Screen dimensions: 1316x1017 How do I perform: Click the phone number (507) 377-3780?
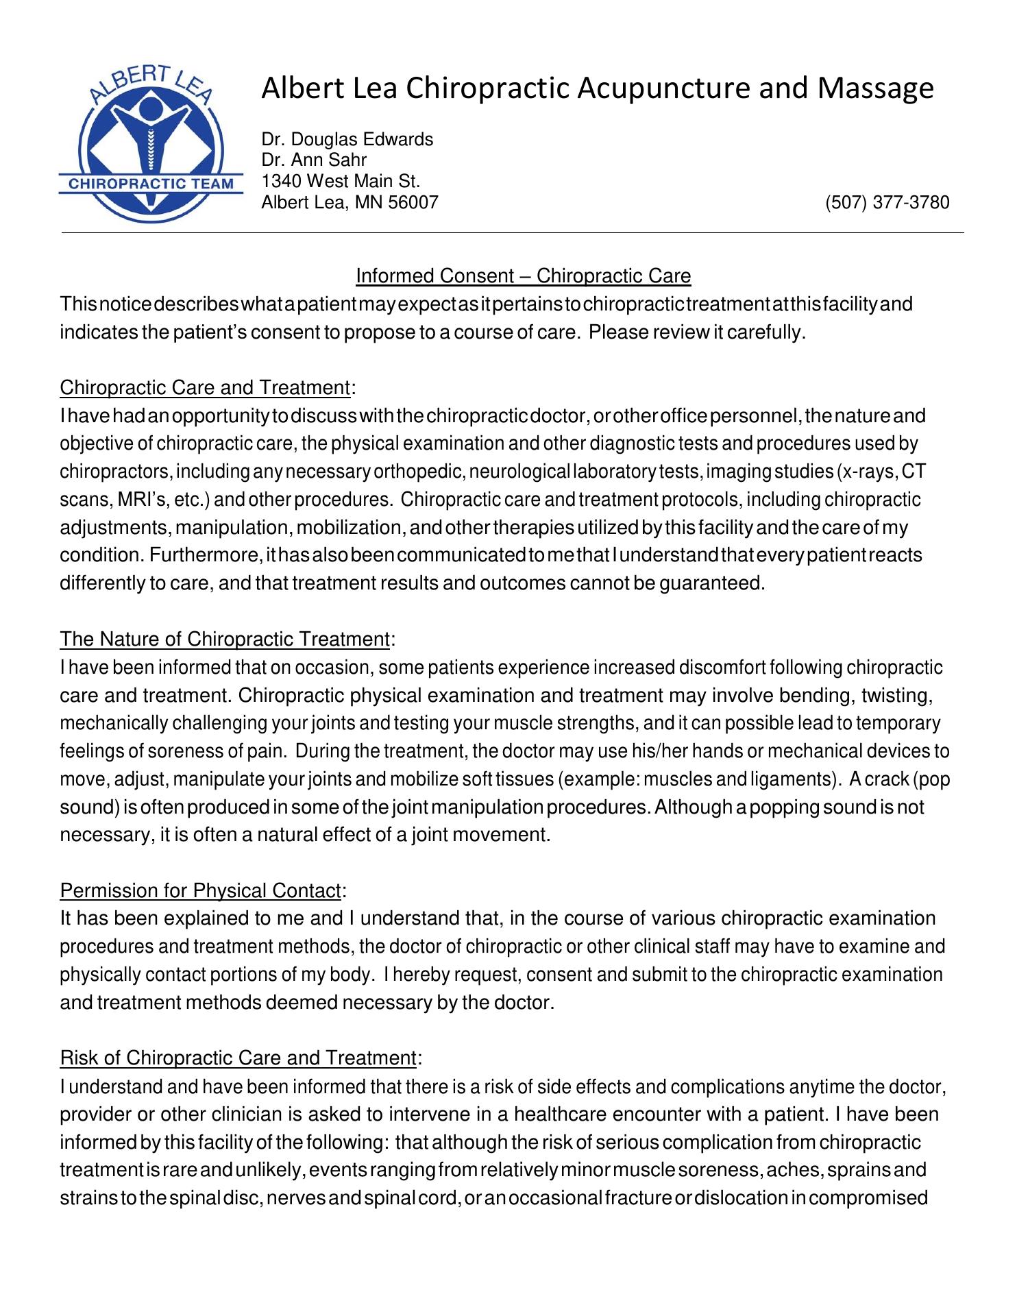coord(887,203)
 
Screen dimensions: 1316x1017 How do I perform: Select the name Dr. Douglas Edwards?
coord(347,140)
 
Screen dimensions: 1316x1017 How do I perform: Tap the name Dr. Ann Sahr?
coord(314,160)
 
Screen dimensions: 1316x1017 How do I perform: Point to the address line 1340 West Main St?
coord(341,182)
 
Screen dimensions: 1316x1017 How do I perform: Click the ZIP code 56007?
coord(413,203)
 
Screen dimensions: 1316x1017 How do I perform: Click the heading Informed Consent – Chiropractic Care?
coord(523,276)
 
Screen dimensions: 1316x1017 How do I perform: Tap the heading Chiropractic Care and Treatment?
coord(205,388)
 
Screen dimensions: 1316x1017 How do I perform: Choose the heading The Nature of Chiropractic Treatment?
coord(225,639)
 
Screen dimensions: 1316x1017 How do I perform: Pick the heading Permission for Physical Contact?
coord(200,891)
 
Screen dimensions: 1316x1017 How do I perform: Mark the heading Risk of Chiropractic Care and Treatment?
coord(238,1059)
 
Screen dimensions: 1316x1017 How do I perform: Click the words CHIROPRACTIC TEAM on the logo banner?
coord(151,184)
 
